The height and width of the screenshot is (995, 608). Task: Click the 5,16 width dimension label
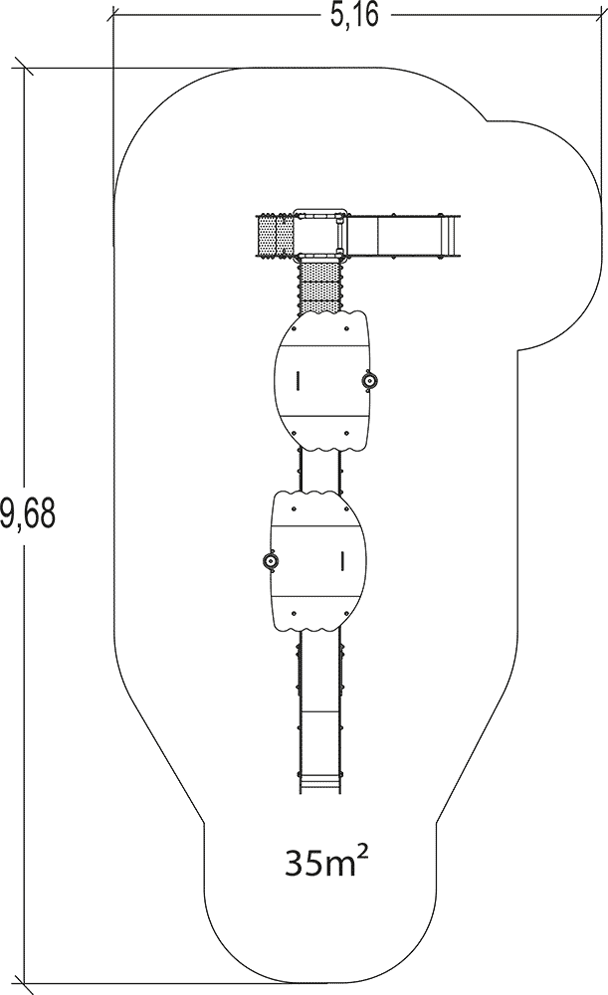355,15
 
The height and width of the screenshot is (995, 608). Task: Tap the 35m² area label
327,863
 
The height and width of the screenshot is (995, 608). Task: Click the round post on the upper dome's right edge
369,380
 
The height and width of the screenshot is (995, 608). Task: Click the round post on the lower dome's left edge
270,560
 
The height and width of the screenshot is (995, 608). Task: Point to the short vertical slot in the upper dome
297,380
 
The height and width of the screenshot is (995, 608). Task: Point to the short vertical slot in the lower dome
342,560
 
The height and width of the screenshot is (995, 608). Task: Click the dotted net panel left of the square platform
275,236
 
